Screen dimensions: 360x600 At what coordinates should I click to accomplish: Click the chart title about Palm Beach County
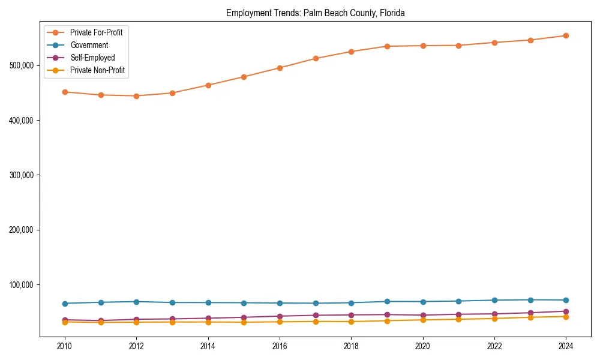point(315,13)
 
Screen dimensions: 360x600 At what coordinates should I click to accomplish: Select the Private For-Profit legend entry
point(96,32)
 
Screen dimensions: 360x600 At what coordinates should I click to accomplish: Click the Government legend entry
point(89,45)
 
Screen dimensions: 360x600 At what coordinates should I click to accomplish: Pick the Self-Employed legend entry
point(92,58)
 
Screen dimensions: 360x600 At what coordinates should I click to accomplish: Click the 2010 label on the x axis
point(65,347)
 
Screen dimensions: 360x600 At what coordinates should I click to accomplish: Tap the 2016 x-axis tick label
point(280,347)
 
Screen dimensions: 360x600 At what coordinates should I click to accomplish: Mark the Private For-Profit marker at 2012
point(136,96)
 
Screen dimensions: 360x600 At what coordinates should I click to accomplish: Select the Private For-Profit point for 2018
point(351,52)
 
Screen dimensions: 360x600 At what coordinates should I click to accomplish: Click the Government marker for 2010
point(65,304)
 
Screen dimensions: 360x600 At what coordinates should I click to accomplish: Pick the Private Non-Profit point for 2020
point(423,320)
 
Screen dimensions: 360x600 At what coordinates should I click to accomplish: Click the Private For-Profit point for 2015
point(244,77)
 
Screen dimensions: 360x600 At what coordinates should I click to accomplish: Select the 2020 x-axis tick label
point(423,347)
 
